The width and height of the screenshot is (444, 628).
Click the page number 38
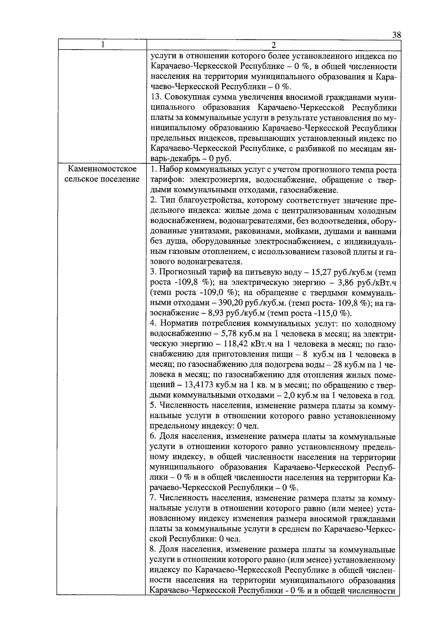tap(396, 36)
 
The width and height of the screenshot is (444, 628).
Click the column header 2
tap(273, 45)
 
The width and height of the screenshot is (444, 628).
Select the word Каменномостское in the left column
tap(102, 170)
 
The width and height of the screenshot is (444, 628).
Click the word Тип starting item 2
tap(167, 201)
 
